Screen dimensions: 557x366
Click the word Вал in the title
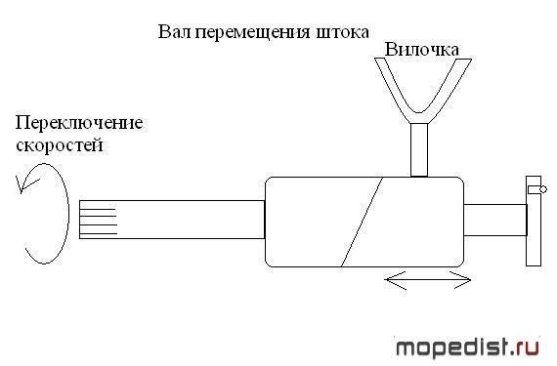coord(175,32)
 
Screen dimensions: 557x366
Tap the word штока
coord(342,32)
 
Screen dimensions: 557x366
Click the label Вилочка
coord(421,50)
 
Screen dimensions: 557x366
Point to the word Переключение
coord(79,123)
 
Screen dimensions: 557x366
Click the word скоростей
coord(60,145)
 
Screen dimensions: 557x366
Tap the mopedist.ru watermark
coord(467,347)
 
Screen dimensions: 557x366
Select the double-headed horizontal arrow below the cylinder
coord(428,280)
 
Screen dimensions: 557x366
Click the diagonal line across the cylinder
coord(362,222)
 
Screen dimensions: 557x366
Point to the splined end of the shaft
coord(98,220)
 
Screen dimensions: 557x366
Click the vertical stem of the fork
coord(419,149)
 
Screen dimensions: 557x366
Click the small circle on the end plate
coord(543,189)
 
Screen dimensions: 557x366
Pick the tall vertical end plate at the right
coord(534,221)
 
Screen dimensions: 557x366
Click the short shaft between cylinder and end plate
coord(495,220)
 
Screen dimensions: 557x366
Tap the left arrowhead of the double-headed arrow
coord(395,280)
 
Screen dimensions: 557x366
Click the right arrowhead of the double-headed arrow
coord(461,280)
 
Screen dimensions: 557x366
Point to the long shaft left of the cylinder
coord(172,220)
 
